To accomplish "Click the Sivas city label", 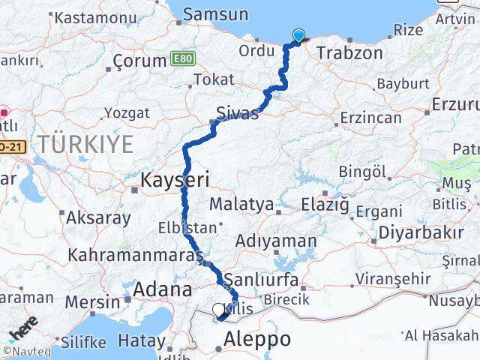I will pos(237,114).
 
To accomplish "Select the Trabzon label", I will pos(349,53).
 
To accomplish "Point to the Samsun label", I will pos(215,14).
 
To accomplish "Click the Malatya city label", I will pos(241,203).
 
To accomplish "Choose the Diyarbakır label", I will pos(420,232).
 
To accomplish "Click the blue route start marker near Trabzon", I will pos(299,34).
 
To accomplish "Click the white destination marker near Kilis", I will pos(218,309).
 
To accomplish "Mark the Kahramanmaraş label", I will pos(136,255).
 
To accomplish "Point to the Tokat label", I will pos(208,79).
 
